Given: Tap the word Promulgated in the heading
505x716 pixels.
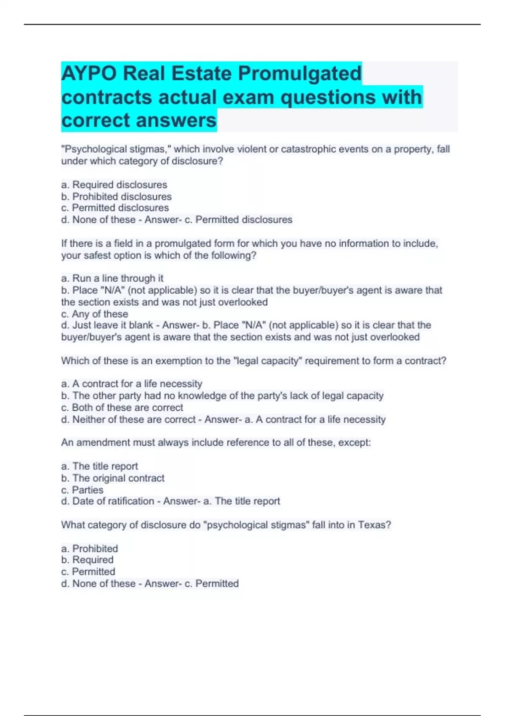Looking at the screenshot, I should point(300,74).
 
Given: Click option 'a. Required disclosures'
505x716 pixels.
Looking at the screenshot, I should point(114,185).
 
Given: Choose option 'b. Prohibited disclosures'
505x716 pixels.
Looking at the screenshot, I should point(116,197).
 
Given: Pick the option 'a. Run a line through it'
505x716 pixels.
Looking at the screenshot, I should point(112,278).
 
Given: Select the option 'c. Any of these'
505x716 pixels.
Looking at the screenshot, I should point(95,314).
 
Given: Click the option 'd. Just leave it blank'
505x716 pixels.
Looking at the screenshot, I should point(107,326).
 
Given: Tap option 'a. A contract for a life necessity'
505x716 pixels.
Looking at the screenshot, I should point(132,384).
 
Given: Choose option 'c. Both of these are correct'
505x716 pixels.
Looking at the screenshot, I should point(122,408).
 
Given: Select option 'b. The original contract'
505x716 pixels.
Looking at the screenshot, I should point(113,478).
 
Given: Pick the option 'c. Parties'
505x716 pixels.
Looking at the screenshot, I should point(82,490).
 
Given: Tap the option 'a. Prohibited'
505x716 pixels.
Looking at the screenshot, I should point(89,549).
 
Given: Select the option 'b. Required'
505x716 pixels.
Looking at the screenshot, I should point(87,560).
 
